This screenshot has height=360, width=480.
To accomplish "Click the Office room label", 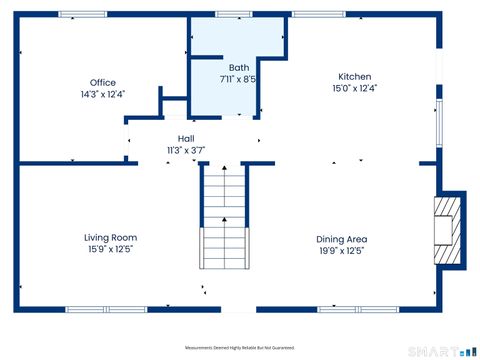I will (x=103, y=83).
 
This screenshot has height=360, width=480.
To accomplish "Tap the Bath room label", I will (x=238, y=67).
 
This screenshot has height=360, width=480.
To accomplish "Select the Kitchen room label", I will (x=354, y=77).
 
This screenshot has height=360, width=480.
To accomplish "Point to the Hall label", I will (x=186, y=139).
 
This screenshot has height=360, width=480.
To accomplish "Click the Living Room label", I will (x=110, y=237).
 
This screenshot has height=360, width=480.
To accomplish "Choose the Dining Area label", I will (x=342, y=239).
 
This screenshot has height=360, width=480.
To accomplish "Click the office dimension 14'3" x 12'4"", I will (x=103, y=95).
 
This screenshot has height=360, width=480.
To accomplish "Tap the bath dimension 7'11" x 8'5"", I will (x=238, y=78).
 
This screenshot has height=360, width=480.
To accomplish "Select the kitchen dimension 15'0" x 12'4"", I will (x=354, y=88).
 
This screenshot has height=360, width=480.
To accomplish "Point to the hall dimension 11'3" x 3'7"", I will (x=186, y=150).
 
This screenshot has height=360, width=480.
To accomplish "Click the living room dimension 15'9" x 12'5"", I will (x=110, y=249).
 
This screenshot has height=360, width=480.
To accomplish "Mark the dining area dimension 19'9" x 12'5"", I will (x=342, y=250).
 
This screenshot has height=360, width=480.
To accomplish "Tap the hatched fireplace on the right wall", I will (x=447, y=229).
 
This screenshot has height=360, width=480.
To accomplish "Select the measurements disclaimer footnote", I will (x=240, y=347).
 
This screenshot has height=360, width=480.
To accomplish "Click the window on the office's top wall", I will (x=82, y=14).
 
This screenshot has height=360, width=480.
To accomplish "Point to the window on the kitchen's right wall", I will (x=437, y=121).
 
